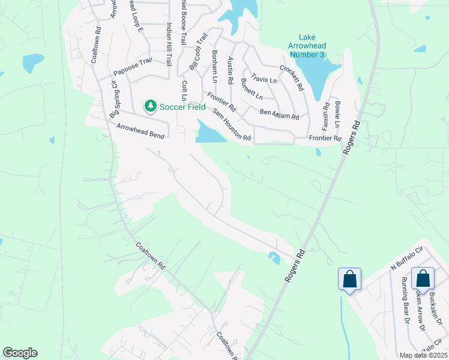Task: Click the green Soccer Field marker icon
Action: [x=149, y=106]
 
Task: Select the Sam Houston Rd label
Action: [x=232, y=125]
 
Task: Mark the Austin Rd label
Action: [x=230, y=70]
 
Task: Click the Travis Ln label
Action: [x=264, y=79]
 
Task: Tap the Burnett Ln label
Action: [x=252, y=89]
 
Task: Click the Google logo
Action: [x=20, y=353]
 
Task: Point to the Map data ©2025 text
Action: [x=423, y=355]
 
